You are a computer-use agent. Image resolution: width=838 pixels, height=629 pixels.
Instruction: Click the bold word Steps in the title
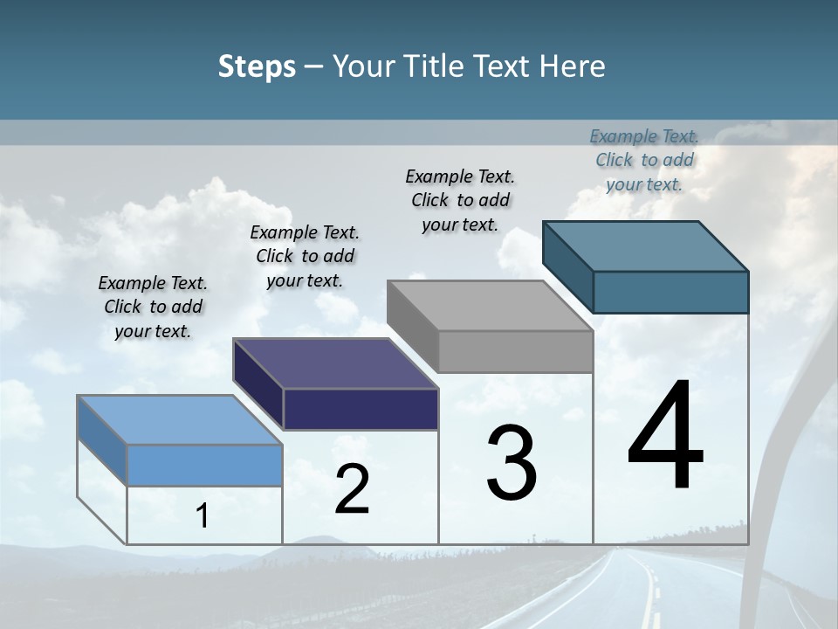point(257,66)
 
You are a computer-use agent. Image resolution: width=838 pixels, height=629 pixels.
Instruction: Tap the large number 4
point(665,437)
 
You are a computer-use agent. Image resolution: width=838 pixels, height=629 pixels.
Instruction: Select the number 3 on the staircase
point(512,463)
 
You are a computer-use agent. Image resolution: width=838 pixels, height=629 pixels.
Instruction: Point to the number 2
point(352,489)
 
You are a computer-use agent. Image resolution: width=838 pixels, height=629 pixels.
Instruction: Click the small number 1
point(203,516)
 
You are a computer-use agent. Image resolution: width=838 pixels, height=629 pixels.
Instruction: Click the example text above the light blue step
point(153,307)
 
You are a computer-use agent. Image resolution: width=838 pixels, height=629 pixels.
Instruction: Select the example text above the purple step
point(305,256)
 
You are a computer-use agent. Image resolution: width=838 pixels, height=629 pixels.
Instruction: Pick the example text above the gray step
point(460,200)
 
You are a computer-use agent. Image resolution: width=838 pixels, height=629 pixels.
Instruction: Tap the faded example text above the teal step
point(644,160)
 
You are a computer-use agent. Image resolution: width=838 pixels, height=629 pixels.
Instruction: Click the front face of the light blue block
point(204,465)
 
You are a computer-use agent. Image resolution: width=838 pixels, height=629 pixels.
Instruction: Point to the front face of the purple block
point(361,409)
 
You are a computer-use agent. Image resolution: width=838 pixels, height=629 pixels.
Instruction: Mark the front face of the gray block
point(515,352)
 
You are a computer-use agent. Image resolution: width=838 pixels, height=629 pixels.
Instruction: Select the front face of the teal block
point(670,292)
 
